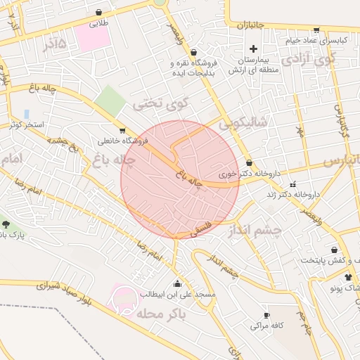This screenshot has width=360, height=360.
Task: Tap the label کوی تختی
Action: (x=162, y=103)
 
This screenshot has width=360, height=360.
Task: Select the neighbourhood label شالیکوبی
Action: (x=243, y=122)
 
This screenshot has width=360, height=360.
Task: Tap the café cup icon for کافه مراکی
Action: (x=266, y=315)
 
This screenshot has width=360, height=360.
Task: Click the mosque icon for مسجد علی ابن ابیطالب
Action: (x=176, y=284)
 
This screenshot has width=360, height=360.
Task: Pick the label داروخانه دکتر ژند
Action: (x=297, y=193)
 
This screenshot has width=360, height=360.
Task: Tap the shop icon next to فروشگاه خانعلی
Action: (x=123, y=130)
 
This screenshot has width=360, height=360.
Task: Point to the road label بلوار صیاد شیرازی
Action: (x=67, y=294)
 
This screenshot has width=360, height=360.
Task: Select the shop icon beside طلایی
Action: (x=98, y=12)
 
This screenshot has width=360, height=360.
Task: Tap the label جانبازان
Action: (x=250, y=25)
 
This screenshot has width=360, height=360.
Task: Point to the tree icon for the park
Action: (x=6, y=224)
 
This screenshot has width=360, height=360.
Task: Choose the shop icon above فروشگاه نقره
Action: (x=193, y=52)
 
